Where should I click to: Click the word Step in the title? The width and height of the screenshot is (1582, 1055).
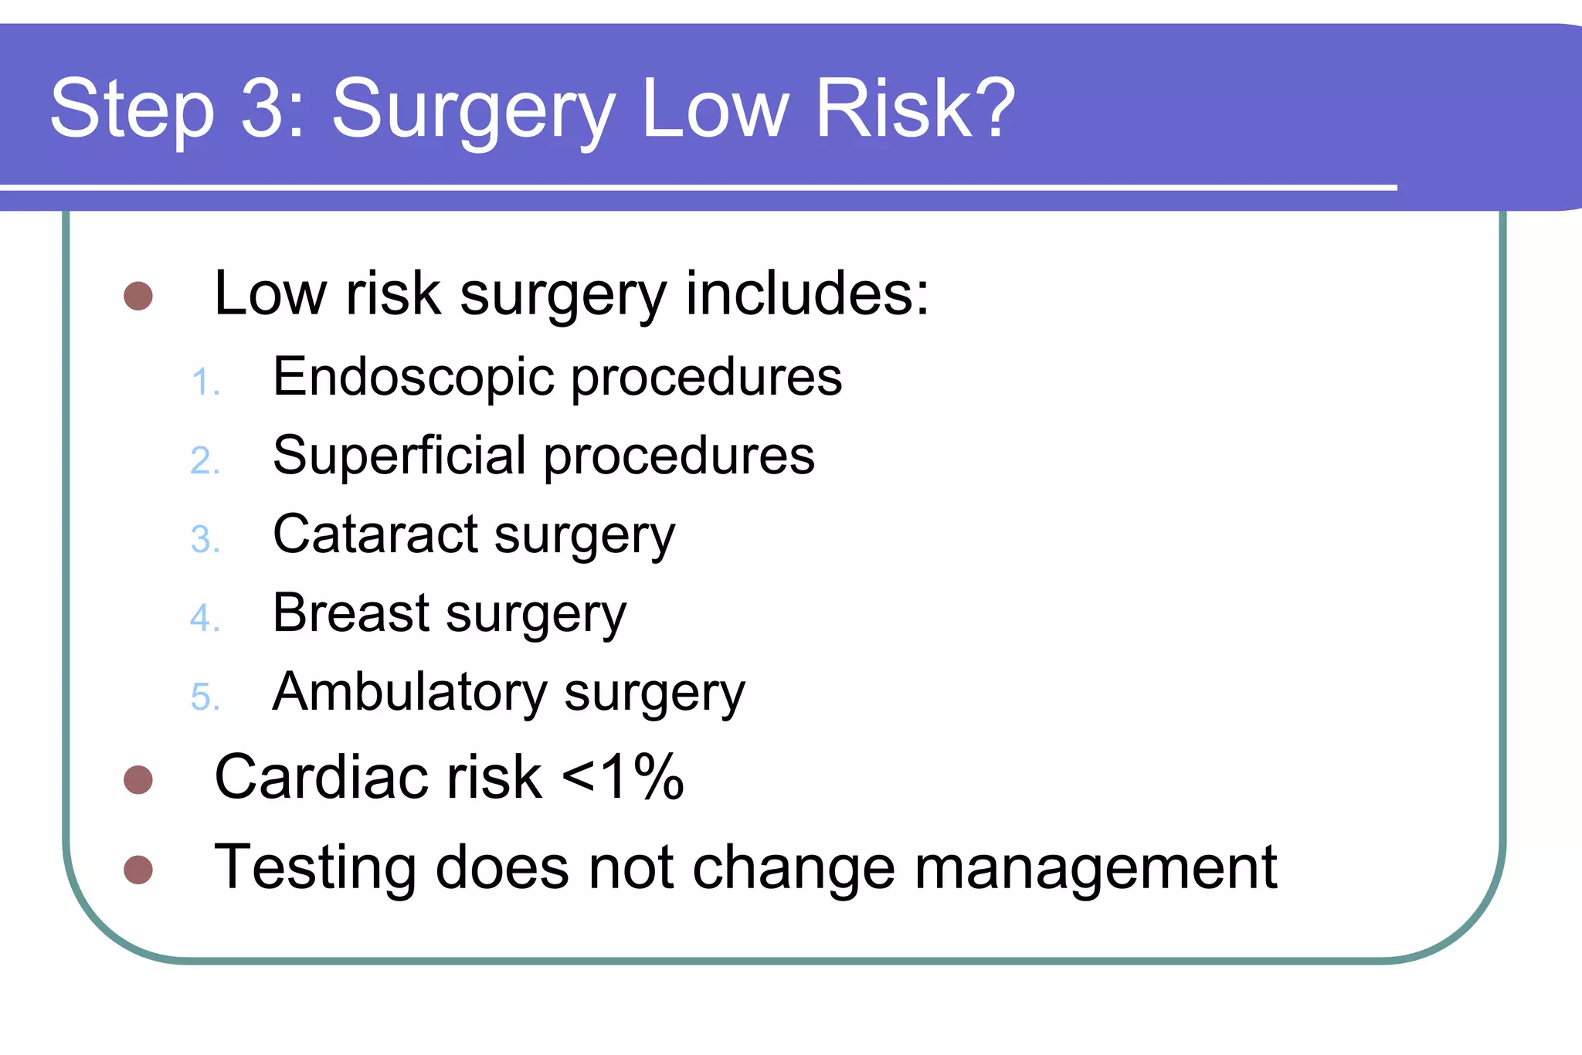click(x=132, y=110)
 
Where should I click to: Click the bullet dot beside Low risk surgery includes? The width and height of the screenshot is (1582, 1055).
click(x=138, y=296)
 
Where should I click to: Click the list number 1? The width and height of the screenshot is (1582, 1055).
click(x=205, y=382)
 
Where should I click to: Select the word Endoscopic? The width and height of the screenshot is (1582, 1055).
click(x=413, y=378)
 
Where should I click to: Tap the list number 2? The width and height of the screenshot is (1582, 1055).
click(x=205, y=461)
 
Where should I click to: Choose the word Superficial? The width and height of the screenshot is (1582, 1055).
click(x=399, y=456)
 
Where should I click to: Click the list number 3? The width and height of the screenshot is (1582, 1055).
click(x=205, y=540)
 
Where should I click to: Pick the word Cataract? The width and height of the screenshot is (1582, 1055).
click(x=376, y=534)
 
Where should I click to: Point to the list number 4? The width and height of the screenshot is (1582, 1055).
click(x=205, y=618)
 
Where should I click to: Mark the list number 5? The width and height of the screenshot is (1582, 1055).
click(x=205, y=697)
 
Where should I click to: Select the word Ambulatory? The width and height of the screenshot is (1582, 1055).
click(x=410, y=693)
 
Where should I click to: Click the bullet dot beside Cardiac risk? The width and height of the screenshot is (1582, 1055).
click(x=138, y=779)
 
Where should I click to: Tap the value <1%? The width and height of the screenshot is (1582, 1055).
click(x=623, y=777)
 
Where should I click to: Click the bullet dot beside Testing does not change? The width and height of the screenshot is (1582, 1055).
click(x=138, y=870)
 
